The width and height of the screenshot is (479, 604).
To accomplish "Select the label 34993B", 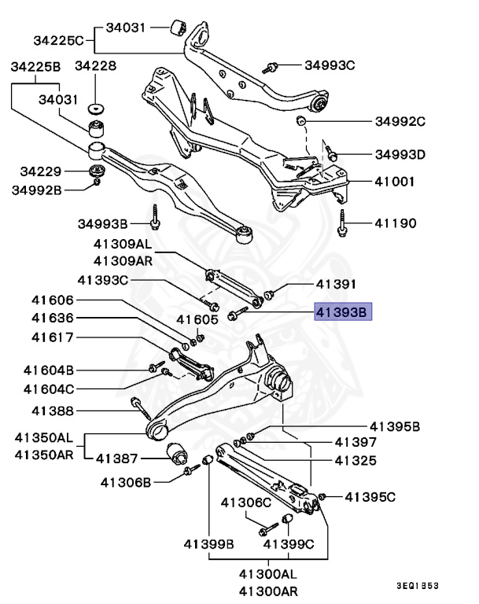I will [x=102, y=223].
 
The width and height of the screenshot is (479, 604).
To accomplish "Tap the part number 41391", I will [x=337, y=285].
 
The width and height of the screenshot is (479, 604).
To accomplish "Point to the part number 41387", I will [x=117, y=458].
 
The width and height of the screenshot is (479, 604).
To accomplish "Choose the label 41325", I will [x=356, y=460].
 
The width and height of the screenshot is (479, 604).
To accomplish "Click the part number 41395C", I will [x=370, y=496].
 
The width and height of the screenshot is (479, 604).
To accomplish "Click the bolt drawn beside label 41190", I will [x=342, y=223].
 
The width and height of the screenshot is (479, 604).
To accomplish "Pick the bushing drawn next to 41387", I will [x=178, y=454].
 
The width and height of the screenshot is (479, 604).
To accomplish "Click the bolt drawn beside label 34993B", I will [x=157, y=216].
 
